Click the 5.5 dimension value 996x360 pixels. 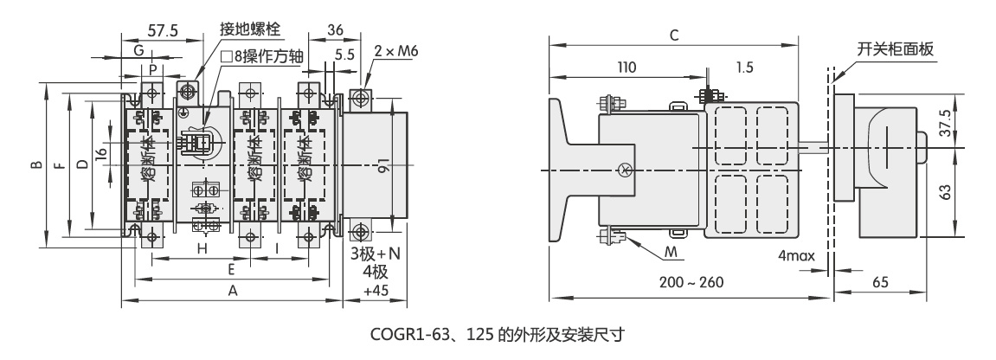click(x=344, y=53)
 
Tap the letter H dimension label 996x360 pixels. click(x=202, y=248)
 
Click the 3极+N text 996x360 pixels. click(x=376, y=254)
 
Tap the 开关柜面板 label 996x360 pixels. click(x=895, y=49)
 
